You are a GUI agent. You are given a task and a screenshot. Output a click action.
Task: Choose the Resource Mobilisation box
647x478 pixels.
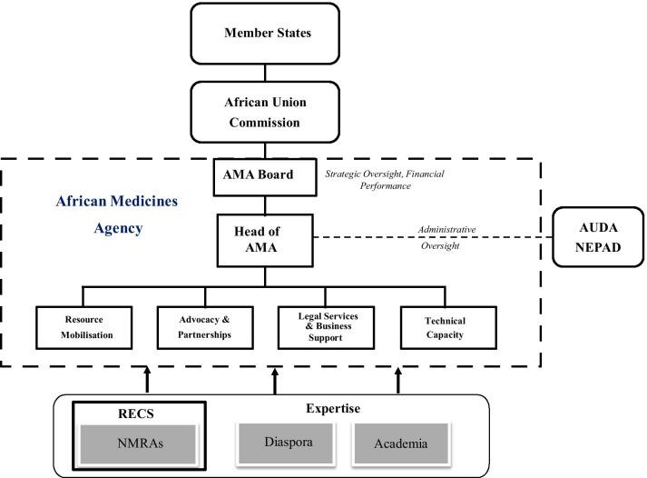(x=84, y=327)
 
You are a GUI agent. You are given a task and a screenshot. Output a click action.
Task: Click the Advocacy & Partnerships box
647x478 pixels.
(x=206, y=327)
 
